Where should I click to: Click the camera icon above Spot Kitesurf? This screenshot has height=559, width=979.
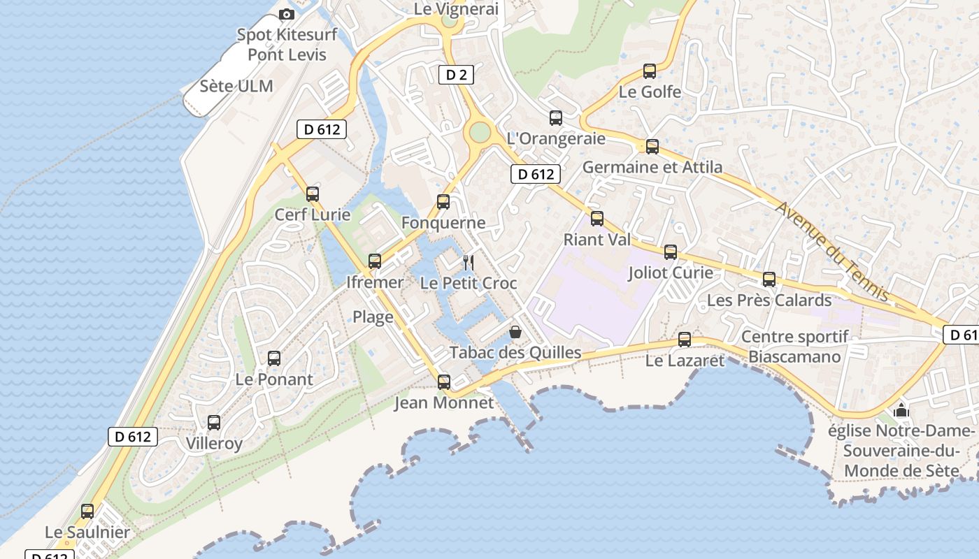pos(286,14)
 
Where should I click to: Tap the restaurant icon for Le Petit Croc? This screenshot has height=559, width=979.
pos(469,263)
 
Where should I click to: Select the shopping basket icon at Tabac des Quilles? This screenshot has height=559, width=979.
pos(515,332)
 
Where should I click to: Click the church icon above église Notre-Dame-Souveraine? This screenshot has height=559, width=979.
pos(901,409)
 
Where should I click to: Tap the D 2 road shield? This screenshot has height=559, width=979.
pos(456,75)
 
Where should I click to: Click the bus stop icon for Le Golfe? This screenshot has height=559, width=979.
pos(650,71)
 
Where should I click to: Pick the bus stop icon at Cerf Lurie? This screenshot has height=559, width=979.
pos(313,194)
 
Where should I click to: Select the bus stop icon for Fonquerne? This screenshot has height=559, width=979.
pos(443,202)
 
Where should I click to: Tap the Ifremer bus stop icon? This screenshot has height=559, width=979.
pos(375,261)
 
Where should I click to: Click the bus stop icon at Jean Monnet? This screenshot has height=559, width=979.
pos(444,382)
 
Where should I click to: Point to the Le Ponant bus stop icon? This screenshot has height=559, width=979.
pos(274,358)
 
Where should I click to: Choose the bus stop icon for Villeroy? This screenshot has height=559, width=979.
pos(214,423)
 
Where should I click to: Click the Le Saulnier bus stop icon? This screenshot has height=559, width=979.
pos(87,511)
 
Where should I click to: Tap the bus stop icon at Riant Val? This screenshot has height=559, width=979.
pos(597,219)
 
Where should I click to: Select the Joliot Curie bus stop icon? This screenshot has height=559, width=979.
pos(671,252)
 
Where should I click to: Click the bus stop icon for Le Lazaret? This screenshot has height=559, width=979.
pos(685,340)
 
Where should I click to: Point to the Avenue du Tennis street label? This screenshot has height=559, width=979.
pos(832,252)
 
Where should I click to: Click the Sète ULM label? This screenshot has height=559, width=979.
pos(236,87)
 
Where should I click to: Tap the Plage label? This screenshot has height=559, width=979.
pos(373,317)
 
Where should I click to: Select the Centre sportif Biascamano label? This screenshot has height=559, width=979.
pos(795,347)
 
